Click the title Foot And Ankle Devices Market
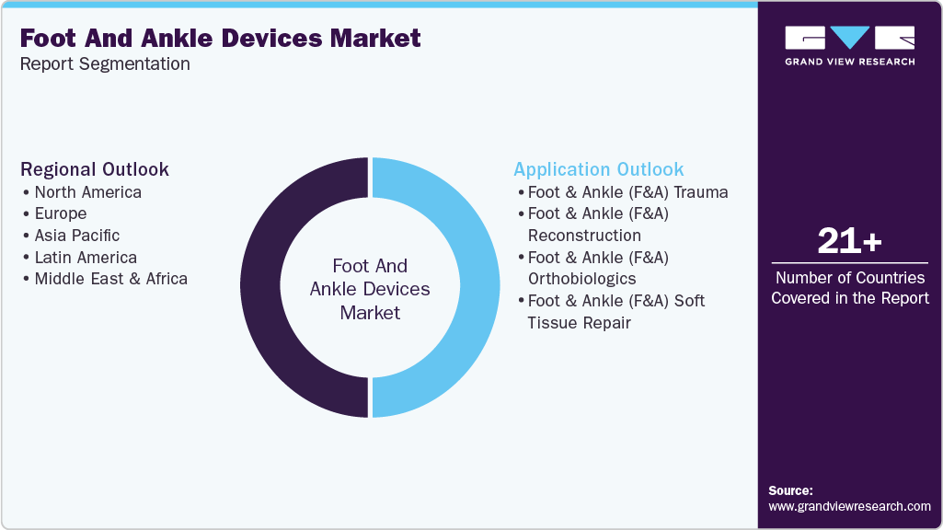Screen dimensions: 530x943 pyautogui.click(x=220, y=39)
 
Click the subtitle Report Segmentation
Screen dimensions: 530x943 pyautogui.click(x=105, y=64)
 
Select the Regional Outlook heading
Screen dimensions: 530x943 pyautogui.click(x=95, y=169)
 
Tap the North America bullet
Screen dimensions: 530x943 pyautogui.click(x=87, y=192)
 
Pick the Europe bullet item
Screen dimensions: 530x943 pyautogui.click(x=60, y=213)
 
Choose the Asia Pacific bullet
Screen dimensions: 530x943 pyautogui.click(x=76, y=236)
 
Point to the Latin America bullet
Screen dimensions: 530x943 pyautogui.click(x=85, y=258)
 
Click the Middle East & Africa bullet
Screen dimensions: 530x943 pyautogui.click(x=110, y=279)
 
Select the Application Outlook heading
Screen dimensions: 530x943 pyautogui.click(x=598, y=169)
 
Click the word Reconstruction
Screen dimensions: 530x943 pyautogui.click(x=584, y=236)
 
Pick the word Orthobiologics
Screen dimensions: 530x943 pyautogui.click(x=581, y=279)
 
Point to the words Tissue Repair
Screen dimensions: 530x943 pyautogui.click(x=579, y=323)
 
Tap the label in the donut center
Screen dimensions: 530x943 pyautogui.click(x=370, y=289)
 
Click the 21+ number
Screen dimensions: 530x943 pyautogui.click(x=849, y=242)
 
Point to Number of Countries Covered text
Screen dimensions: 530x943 pyautogui.click(x=849, y=287)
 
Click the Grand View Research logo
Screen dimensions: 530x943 pyautogui.click(x=849, y=45)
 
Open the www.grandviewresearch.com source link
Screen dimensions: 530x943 pyautogui.click(x=849, y=506)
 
